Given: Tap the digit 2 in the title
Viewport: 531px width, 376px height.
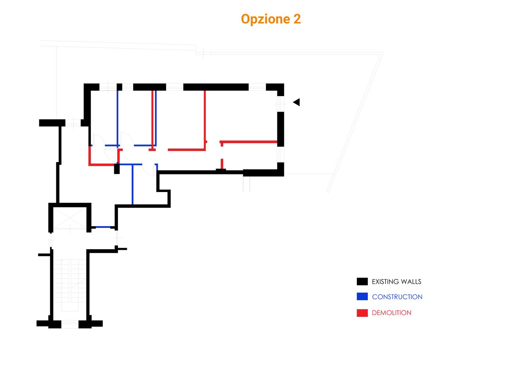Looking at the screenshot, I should pyautogui.click(x=297, y=19).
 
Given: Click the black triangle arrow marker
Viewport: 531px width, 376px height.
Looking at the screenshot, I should pyautogui.click(x=297, y=102).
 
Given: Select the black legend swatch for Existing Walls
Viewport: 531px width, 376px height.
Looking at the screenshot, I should pyautogui.click(x=362, y=281).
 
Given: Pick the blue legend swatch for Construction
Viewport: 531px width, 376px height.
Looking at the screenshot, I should pyautogui.click(x=362, y=297).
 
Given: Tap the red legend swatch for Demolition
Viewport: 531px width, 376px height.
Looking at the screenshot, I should pyautogui.click(x=362, y=313).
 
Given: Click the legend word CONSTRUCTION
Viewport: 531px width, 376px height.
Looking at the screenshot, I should pyautogui.click(x=397, y=297).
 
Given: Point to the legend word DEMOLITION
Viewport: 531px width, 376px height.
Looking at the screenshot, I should pyautogui.click(x=392, y=313).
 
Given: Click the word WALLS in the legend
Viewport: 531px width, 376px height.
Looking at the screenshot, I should pyautogui.click(x=411, y=282).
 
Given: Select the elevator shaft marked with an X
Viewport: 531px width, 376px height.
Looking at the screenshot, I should pyautogui.click(x=70, y=218).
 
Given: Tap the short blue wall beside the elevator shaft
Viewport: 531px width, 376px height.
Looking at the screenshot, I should pyautogui.click(x=103, y=227).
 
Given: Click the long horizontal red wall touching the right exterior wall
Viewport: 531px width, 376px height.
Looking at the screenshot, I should pyautogui.click(x=249, y=142).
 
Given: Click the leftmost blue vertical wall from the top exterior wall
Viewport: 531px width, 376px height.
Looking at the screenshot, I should pyautogui.click(x=118, y=117).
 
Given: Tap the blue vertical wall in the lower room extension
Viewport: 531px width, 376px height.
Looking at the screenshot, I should pyautogui.click(x=132, y=184).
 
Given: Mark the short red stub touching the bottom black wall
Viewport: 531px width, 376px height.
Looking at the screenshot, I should pyautogui.click(x=222, y=164).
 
